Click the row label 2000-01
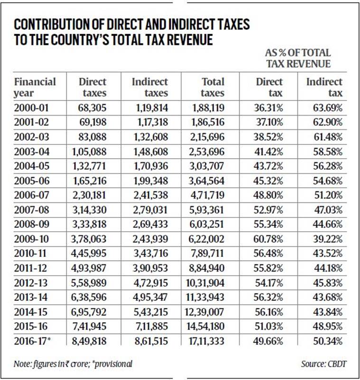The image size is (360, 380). pos(31,108)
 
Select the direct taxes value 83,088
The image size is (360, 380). pos(92,137)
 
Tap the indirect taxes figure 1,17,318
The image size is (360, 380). pos(153,122)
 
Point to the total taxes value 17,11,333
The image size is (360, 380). pos(206,341)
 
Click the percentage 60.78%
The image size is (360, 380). pos(268,239)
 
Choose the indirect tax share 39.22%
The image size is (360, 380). pos(327,239)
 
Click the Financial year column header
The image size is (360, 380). pos(35,88)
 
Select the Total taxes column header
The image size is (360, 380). pos(213,88)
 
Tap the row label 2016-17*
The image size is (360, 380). pos(33,341)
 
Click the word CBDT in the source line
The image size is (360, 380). pos(337,364)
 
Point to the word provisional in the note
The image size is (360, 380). pos(113,364)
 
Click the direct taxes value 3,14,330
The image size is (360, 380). pos(90,210)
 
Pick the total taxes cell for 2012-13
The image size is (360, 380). pos(205,283)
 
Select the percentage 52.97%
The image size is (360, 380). pos(268,210)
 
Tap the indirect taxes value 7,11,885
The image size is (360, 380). pos(152,326)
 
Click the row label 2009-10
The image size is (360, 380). pos(31,239)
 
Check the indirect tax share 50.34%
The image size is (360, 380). pos(328,341)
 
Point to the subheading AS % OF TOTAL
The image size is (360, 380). pos(298,53)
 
